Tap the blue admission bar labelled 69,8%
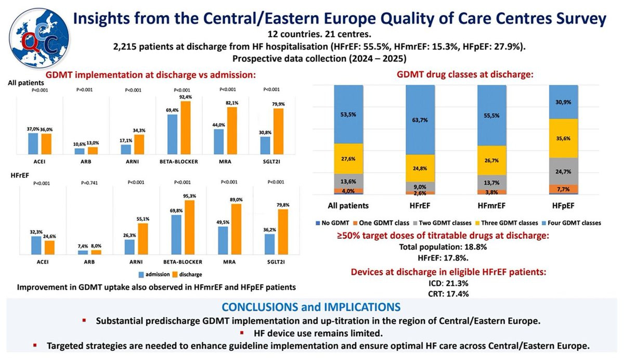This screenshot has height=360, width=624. pos(176,234)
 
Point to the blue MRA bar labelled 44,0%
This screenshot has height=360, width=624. pos(219,142)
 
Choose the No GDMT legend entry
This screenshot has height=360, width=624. pos(331,223)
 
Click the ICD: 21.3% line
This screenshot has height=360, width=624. pos(443,283)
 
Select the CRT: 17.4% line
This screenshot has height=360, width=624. pos(443,294)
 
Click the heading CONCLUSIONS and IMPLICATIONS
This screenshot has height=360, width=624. pos(311,306)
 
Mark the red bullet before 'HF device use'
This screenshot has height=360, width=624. pos(241,332)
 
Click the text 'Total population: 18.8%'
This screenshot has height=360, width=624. pos(443,247)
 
